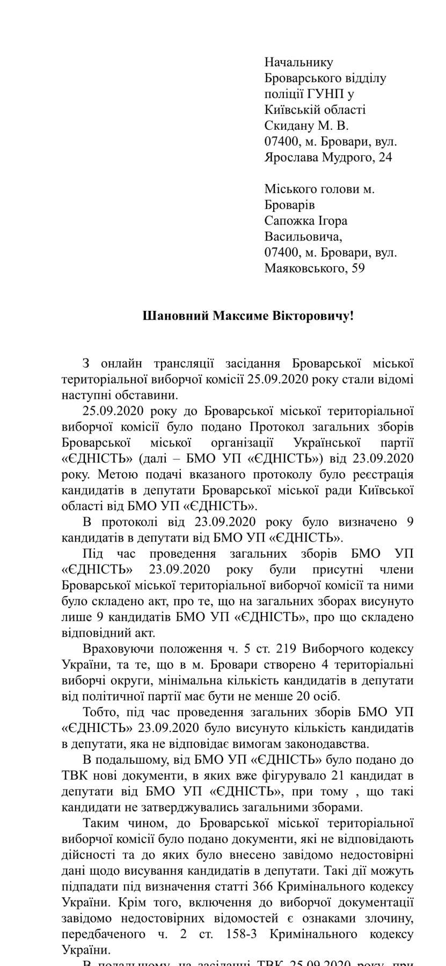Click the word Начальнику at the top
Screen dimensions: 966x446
point(299,63)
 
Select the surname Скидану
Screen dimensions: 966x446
point(293,126)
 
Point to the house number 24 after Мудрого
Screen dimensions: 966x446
point(384,158)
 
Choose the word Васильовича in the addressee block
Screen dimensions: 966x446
point(303,237)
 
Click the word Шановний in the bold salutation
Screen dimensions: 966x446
point(176,316)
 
